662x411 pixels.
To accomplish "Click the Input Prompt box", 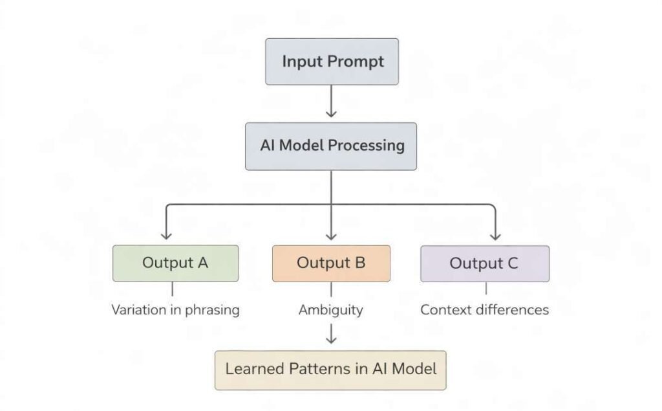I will pos(331,61).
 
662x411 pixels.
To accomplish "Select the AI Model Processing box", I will pos(331,145).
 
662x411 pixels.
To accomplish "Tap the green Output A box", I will pos(175,263).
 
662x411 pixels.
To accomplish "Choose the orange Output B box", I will pos(331,263).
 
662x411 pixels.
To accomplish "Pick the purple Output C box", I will pos(484,263).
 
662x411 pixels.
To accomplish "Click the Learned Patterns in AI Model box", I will pos(330,369).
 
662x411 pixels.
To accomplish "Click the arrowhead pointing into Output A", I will pos(166,236).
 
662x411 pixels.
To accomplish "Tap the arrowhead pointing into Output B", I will pos(331,236).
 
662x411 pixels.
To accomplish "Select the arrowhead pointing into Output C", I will pos(496,236).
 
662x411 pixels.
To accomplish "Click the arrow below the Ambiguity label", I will pos(331,334).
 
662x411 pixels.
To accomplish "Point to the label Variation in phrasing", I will pos(175,310).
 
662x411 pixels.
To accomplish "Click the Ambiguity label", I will pos(330,310).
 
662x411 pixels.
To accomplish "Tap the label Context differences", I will pos(484,310).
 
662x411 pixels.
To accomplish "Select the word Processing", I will pos(366,145).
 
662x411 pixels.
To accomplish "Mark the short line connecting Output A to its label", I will pos(173,289).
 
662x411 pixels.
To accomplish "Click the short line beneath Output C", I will pos(486,289).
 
